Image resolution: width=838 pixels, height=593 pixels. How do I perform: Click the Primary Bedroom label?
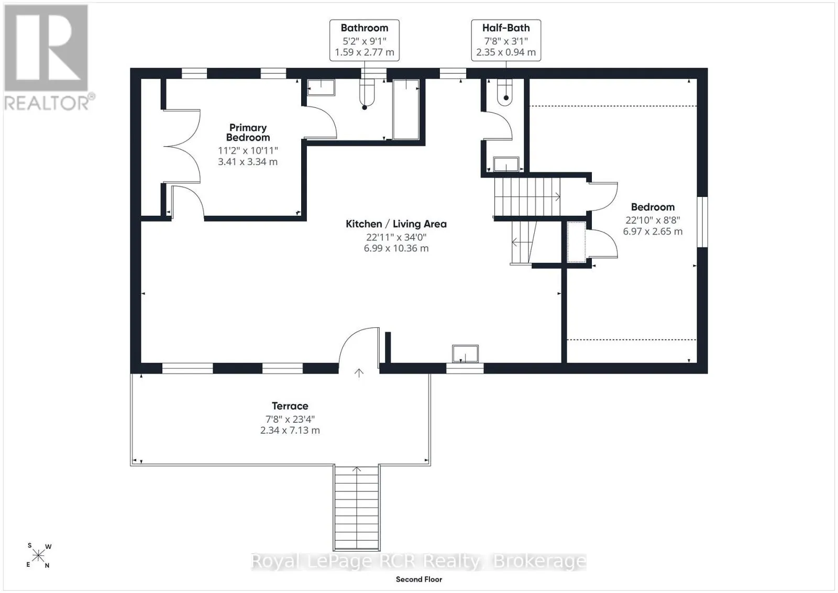[248, 133]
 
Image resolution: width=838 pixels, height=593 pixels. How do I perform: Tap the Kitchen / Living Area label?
[396, 224]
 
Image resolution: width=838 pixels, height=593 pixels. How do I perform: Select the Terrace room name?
[290, 406]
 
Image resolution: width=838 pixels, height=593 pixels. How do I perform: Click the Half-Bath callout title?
[506, 28]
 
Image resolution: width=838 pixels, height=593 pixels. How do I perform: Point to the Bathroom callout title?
[365, 28]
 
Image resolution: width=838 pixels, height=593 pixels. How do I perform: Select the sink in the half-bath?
[506, 164]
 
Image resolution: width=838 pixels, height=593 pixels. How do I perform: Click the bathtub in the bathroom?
[406, 109]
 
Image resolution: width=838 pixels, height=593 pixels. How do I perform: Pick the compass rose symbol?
[38, 556]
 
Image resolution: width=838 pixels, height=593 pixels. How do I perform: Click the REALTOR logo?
[48, 58]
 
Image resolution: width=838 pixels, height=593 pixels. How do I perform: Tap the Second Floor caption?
[419, 579]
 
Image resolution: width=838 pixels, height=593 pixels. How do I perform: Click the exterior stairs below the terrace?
[357, 508]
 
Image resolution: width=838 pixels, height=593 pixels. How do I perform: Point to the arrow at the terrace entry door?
[359, 373]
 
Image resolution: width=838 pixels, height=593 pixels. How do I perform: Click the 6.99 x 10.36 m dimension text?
[396, 248]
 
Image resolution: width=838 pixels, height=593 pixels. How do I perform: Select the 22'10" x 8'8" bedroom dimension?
[653, 220]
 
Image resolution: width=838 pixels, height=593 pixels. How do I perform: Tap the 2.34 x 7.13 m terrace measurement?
[290, 430]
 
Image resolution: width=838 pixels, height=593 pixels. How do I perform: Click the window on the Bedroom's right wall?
[702, 222]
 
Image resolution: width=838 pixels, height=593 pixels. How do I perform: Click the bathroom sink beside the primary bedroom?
[321, 87]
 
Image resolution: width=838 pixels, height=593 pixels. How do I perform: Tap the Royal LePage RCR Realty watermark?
[418, 562]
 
